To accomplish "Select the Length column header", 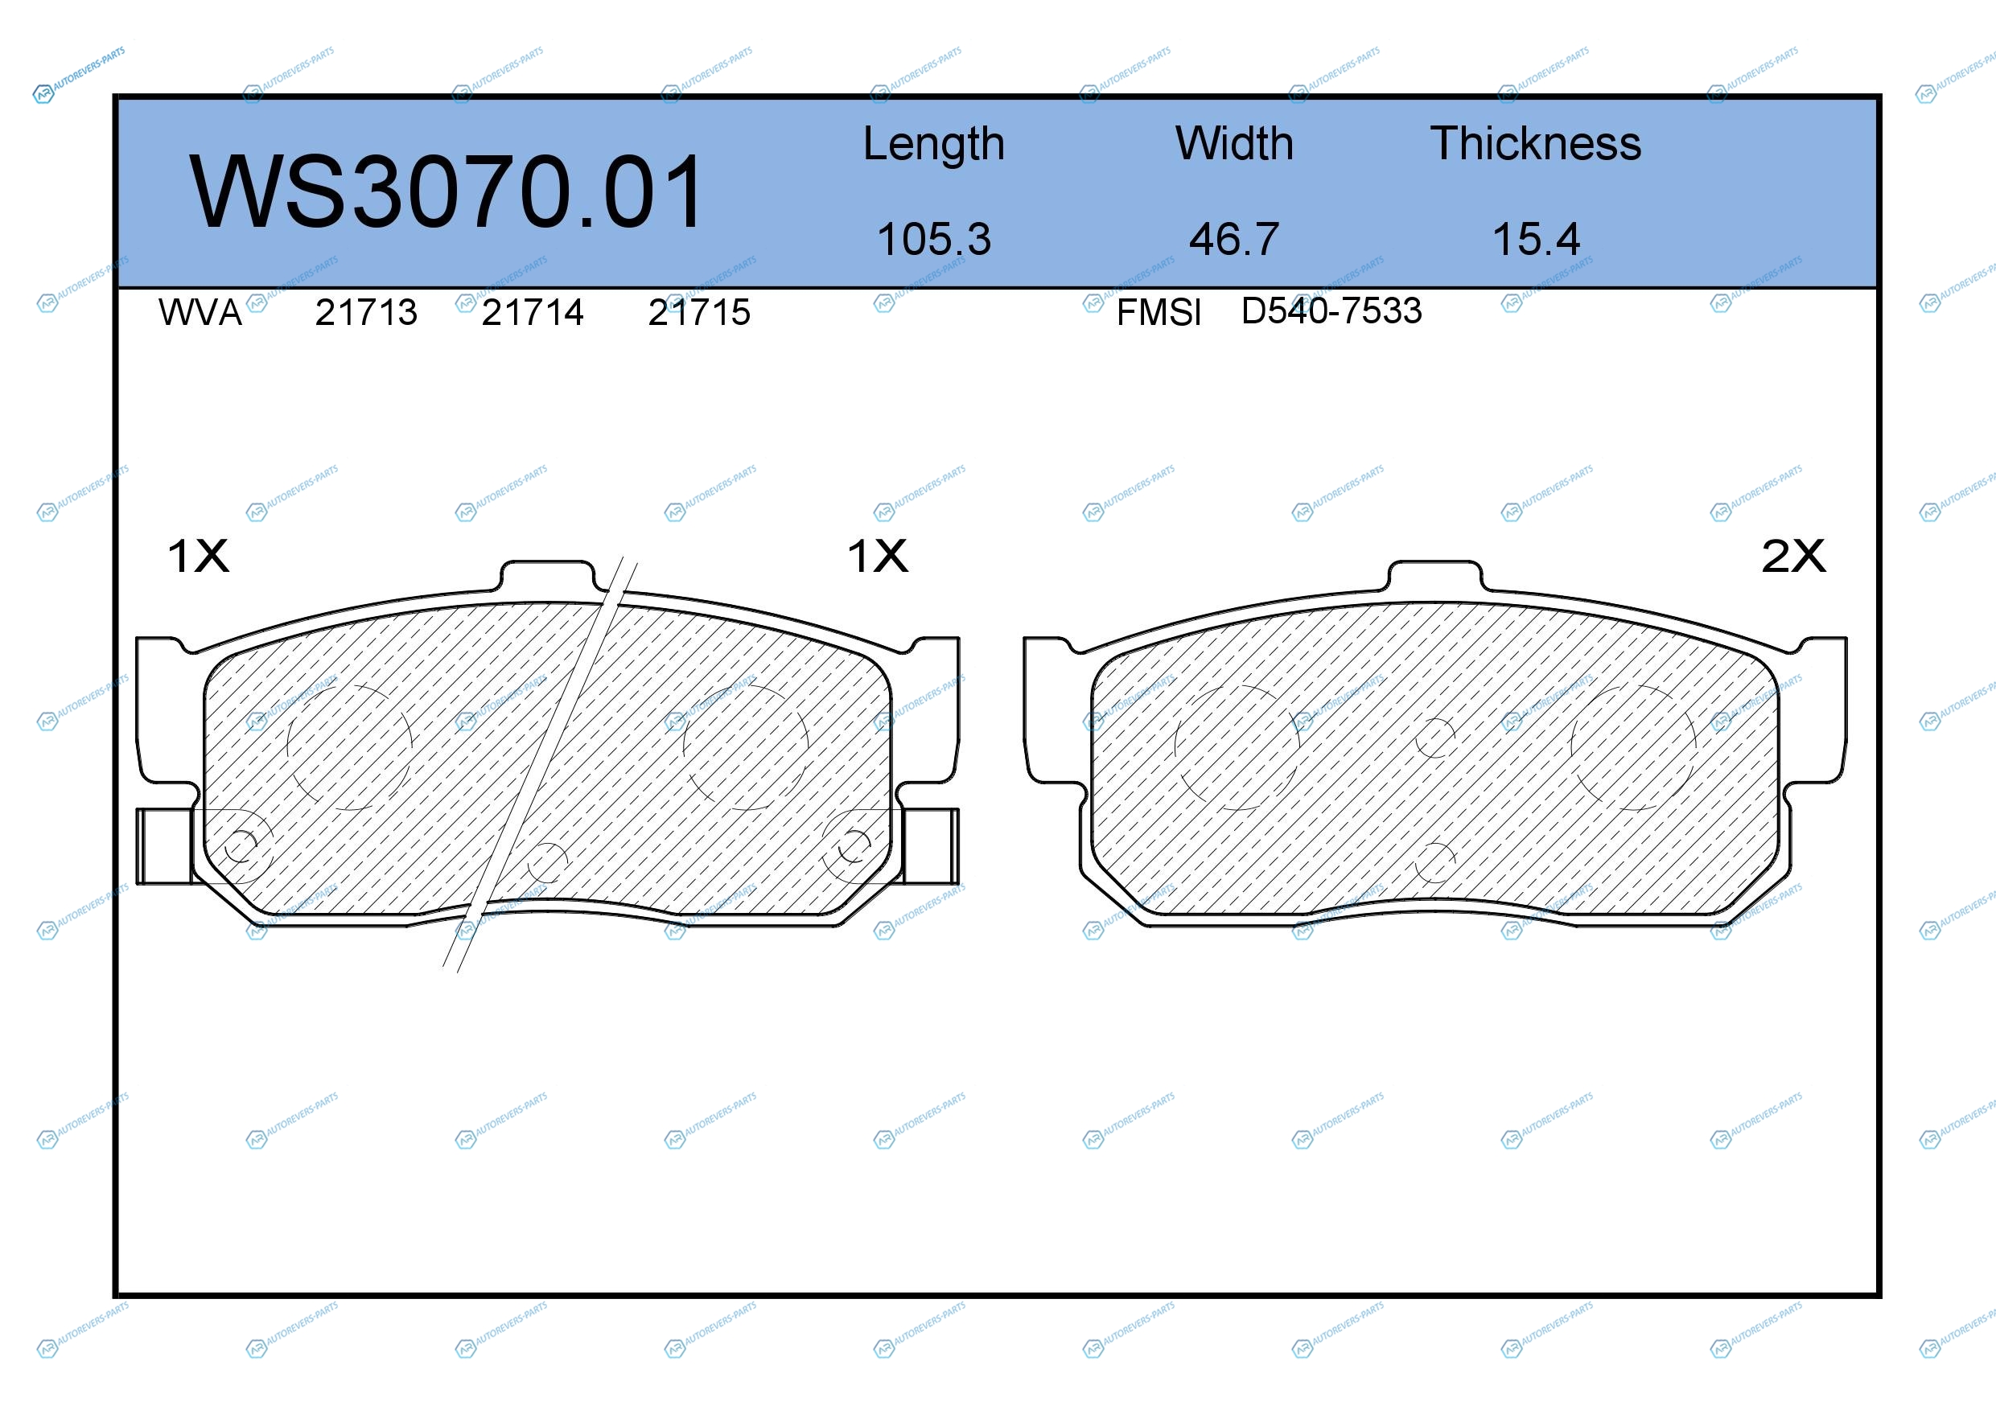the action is pos(934,144).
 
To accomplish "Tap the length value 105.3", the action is pos(934,239).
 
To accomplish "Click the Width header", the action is pos(1234,143).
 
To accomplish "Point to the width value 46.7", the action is pos(1234,239).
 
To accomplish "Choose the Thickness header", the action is pos(1536,143).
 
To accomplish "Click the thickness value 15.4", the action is pos(1536,239).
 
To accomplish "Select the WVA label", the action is pos(200,313).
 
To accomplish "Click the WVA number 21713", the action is pos(366,313).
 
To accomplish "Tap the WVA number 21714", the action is pos(532,313).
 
